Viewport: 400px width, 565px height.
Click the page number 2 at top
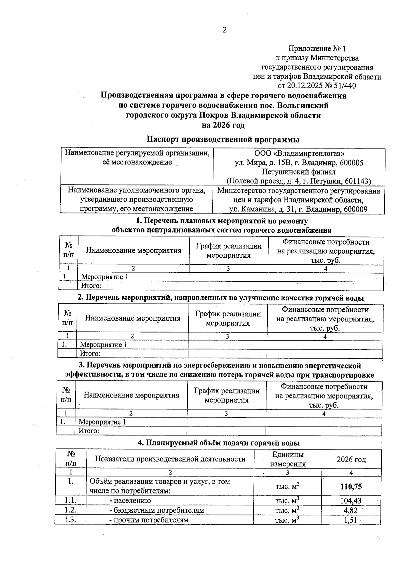click(x=224, y=30)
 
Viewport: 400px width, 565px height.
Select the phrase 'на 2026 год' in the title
click(x=223, y=125)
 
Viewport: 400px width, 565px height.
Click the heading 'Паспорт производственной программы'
click(x=223, y=139)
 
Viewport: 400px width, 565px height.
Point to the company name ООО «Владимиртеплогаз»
click(x=299, y=153)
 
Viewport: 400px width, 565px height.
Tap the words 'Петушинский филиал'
click(x=299, y=172)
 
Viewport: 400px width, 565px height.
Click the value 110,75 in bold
click(x=351, y=487)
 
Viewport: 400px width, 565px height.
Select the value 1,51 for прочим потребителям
click(x=351, y=520)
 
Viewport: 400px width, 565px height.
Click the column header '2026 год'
click(x=351, y=459)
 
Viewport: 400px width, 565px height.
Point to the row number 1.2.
click(x=71, y=510)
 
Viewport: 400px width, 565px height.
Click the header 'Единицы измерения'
click(x=288, y=459)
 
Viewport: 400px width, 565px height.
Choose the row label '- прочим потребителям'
click(x=149, y=520)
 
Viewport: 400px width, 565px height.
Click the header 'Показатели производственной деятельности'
click(x=170, y=459)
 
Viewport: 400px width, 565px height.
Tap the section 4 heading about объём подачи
click(x=219, y=443)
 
